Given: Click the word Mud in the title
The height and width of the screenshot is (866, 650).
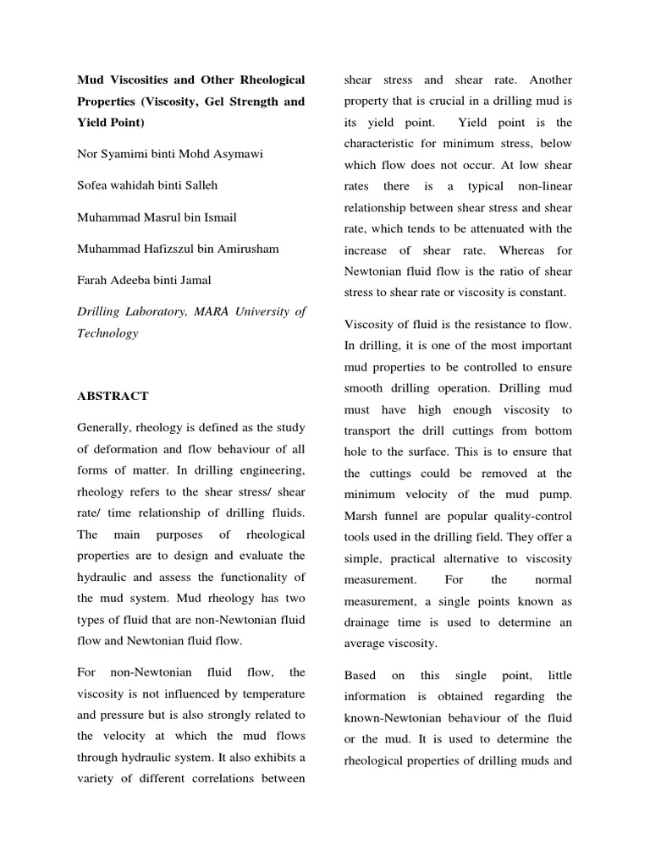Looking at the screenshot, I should [x=89, y=80].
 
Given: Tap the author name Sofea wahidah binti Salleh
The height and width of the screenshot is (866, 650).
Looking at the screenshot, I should [x=151, y=185].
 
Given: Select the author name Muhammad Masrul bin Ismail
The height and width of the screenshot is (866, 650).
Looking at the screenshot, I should [x=157, y=217].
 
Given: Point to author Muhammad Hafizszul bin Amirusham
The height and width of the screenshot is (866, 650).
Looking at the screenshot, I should [x=178, y=249].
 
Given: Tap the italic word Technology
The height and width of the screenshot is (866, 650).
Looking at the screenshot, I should [x=107, y=333].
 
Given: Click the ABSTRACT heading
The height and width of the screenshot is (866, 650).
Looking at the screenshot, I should [x=113, y=396].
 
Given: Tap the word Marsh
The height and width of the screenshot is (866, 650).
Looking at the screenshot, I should [x=362, y=517].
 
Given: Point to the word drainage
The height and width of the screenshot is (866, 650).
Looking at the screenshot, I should [x=371, y=622].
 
